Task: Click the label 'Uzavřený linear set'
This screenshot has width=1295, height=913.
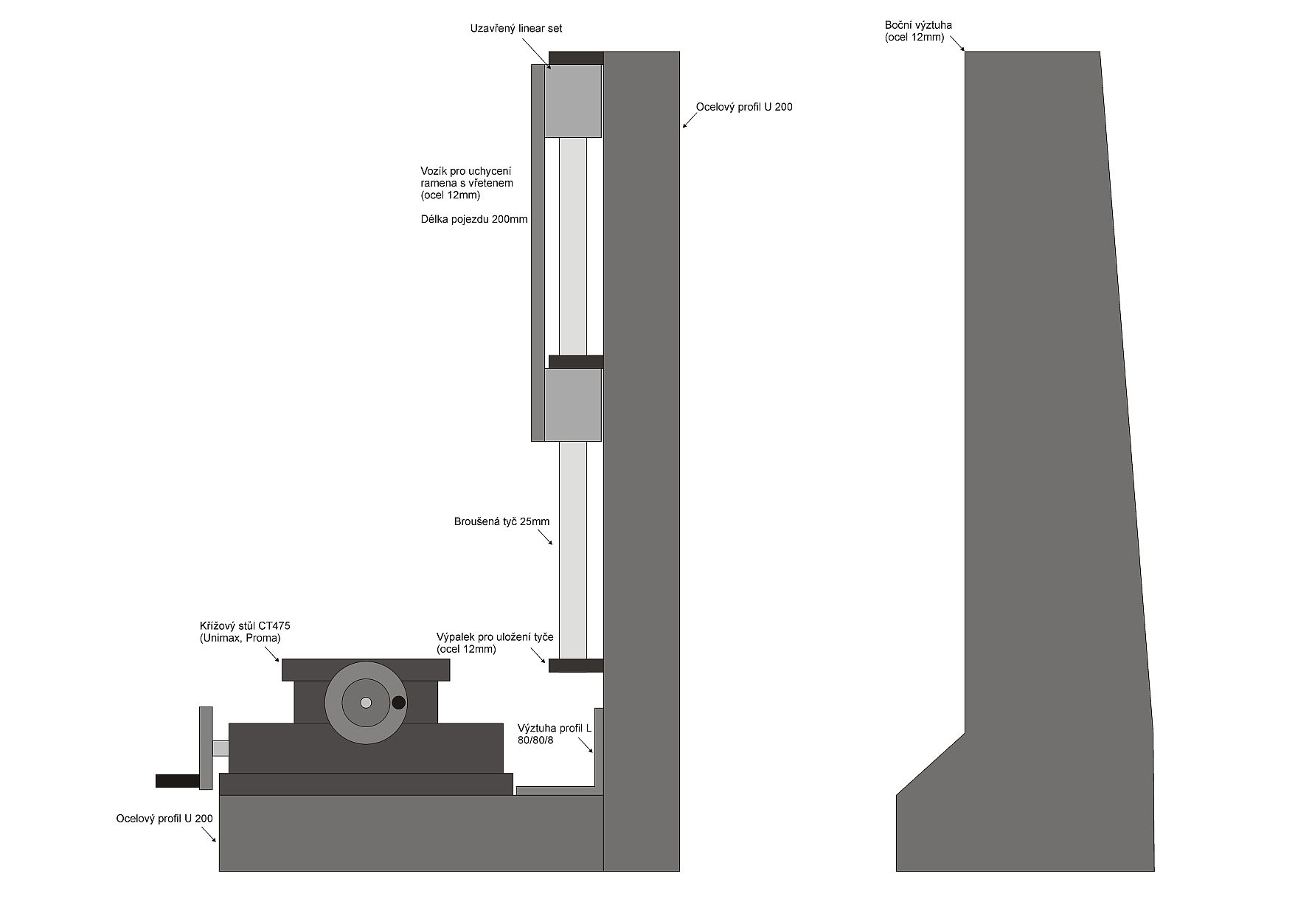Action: (x=516, y=29)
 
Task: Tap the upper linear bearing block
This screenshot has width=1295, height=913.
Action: (x=573, y=101)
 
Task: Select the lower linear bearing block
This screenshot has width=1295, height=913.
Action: (x=573, y=405)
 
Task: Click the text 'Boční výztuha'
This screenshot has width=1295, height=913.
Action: (x=918, y=25)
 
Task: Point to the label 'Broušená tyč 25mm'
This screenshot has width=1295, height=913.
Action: (x=501, y=521)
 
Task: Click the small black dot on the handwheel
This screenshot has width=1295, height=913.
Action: (x=398, y=703)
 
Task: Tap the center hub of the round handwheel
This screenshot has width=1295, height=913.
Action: (x=366, y=703)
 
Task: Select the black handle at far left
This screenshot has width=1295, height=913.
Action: (x=177, y=780)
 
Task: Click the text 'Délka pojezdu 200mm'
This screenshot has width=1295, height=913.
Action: (x=474, y=219)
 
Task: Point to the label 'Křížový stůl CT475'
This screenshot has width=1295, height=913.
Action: (x=244, y=626)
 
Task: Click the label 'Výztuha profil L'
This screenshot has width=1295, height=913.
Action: (x=555, y=728)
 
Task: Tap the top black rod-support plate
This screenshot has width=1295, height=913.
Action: (x=576, y=58)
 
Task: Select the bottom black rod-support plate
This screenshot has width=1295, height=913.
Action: (x=576, y=665)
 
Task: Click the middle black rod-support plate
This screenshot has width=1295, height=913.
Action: (x=576, y=361)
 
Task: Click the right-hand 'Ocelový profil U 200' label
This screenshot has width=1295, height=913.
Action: (x=744, y=107)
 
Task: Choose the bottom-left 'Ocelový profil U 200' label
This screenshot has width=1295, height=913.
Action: (x=164, y=819)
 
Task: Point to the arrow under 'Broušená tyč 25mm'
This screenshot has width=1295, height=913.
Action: (x=546, y=538)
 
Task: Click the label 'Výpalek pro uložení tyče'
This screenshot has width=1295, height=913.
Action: (x=495, y=637)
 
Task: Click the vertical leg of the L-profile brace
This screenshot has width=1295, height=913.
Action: (x=599, y=749)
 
